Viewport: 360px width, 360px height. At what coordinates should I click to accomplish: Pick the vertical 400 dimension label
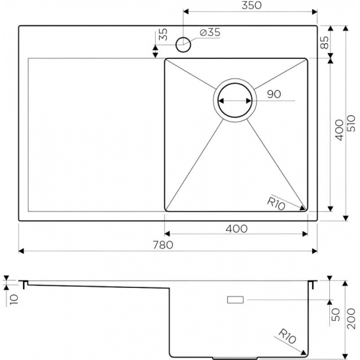pos(338,131)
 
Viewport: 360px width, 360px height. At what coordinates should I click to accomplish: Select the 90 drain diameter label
pos(274,95)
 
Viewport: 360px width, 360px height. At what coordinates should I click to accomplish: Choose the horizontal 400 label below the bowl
pos(236,229)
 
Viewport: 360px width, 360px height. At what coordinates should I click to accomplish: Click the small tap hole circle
pos(184,45)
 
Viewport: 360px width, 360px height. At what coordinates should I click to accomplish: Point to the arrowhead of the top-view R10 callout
pos(303,209)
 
